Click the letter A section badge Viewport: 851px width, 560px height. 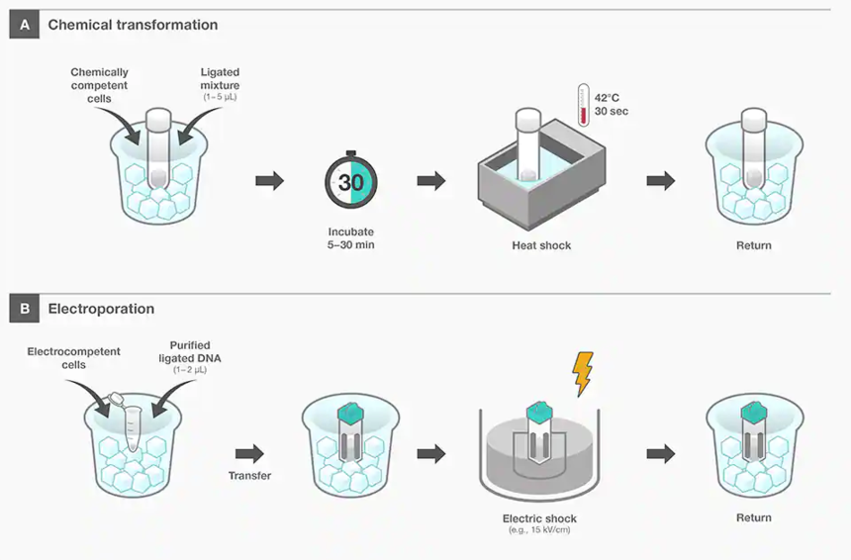[24, 25]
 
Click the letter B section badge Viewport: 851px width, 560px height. [24, 309]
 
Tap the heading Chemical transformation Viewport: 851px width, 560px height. [133, 25]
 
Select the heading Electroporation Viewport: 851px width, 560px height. [101, 309]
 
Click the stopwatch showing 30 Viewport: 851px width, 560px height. [350, 182]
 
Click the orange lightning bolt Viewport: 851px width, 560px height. [582, 374]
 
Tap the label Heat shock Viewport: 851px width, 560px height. [540, 245]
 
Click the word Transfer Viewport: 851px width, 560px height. [249, 476]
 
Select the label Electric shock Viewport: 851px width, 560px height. [540, 518]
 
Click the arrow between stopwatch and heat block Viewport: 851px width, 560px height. [430, 181]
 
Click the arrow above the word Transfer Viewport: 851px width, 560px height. [249, 453]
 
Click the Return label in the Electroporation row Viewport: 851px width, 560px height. [754, 517]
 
